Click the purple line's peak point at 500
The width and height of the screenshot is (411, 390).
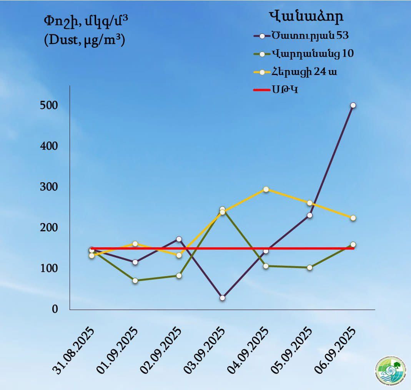[x=353, y=105]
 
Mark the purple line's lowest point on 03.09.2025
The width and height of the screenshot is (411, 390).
[x=222, y=298]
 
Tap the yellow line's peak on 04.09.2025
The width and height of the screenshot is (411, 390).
[x=266, y=189]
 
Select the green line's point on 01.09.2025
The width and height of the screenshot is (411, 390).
[x=135, y=280]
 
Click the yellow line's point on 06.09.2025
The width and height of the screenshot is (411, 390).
[x=353, y=218]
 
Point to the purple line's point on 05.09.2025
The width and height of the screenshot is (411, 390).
[x=309, y=215]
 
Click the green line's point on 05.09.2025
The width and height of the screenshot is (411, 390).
[x=309, y=267]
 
